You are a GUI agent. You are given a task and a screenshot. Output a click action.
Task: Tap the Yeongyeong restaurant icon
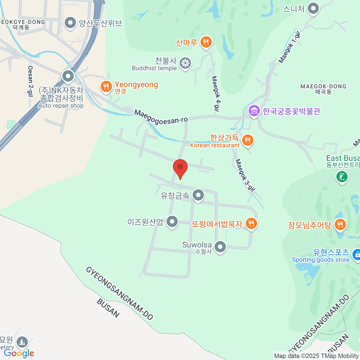click(x=106, y=87)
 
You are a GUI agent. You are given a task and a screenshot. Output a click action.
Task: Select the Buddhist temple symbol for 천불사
click(x=185, y=63)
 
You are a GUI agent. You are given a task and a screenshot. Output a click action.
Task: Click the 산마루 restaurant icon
click(x=205, y=42)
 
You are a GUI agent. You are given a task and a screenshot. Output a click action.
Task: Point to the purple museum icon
click(x=254, y=111)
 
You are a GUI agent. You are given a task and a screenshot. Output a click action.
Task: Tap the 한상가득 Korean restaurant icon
click(x=247, y=140)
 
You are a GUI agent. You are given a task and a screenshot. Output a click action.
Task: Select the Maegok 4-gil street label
click(x=216, y=93)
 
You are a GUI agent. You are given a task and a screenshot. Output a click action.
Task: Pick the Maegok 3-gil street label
click(x=245, y=175)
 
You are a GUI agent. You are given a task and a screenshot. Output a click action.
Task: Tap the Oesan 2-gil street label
click(x=30, y=81)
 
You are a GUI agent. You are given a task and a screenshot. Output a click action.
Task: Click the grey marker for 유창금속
click(x=198, y=195)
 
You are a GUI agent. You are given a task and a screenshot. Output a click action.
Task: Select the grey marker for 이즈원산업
click(x=172, y=222)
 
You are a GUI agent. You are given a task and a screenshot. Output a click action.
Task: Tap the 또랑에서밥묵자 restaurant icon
click(x=251, y=223)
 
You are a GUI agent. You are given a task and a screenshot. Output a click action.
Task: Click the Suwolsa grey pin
click(x=220, y=247)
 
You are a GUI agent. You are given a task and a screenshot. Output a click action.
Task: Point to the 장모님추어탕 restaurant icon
click(x=340, y=224)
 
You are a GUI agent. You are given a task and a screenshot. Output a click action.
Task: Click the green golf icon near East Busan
click(x=342, y=176)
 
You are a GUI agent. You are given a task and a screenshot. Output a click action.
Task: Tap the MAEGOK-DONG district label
click(x=323, y=89)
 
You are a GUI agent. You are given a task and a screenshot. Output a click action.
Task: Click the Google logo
click(x=19, y=353)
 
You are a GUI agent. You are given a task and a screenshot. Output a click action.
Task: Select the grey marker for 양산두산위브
click(x=70, y=23)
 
